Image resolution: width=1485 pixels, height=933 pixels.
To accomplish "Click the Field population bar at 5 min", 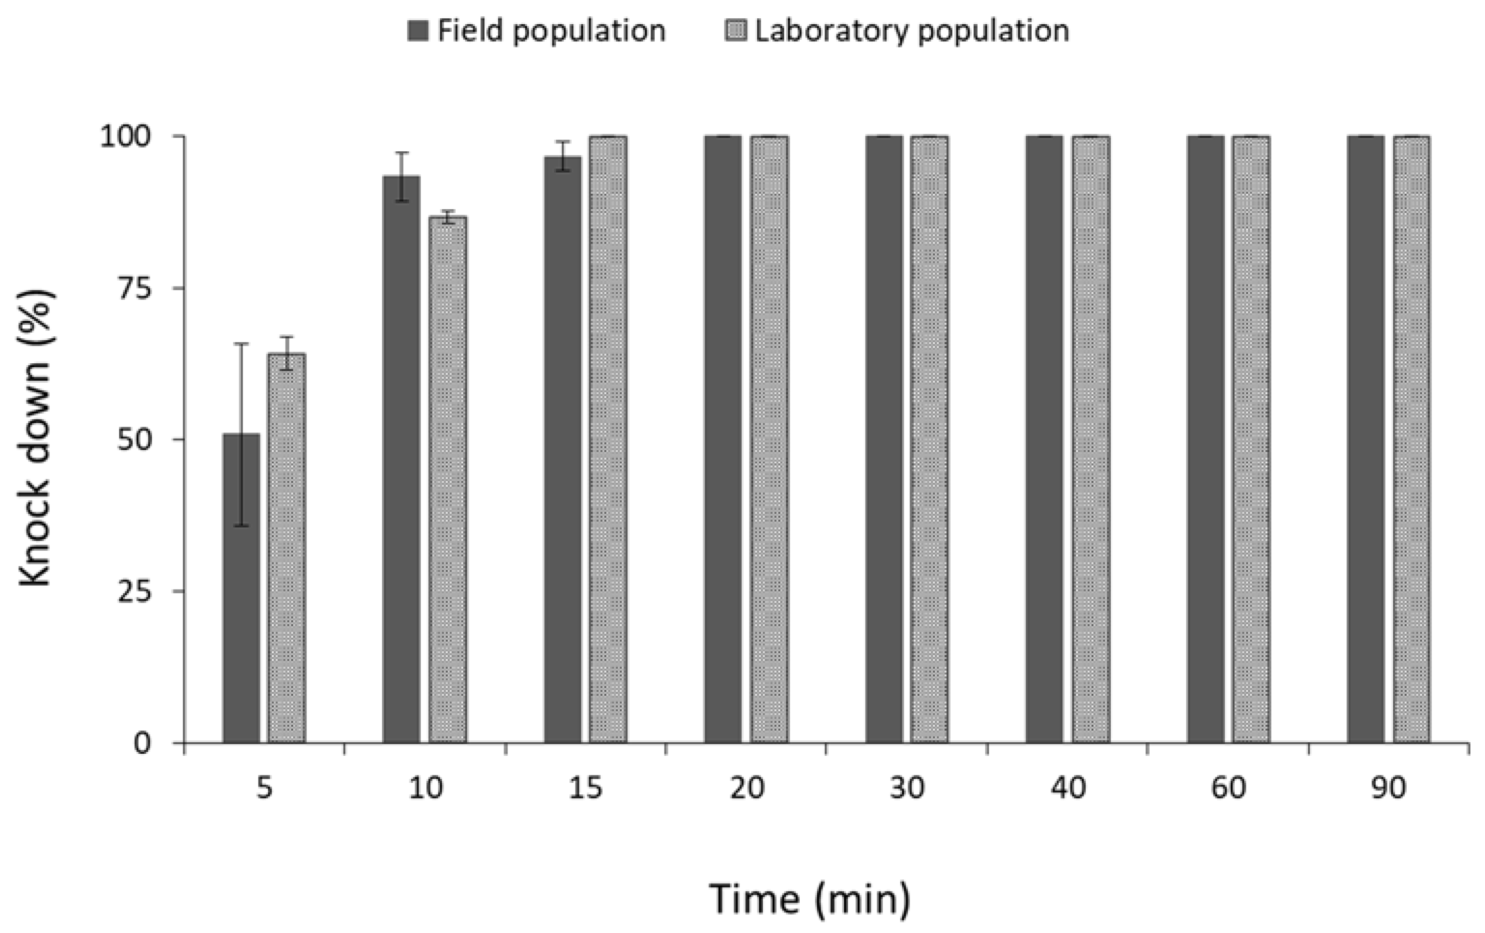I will (241, 589).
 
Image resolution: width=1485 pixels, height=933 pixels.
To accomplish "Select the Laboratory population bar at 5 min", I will (287, 549).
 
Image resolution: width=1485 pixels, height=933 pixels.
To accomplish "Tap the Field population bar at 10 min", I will (402, 459).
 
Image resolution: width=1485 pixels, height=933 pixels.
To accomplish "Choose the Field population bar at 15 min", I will (562, 450).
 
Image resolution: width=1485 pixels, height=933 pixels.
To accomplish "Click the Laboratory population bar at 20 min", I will (769, 439).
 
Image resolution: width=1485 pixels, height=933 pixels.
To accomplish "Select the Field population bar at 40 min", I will (1045, 439).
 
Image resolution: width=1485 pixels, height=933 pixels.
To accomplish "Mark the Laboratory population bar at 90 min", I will (1412, 439).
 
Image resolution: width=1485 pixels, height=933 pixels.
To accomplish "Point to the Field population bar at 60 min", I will (1206, 439).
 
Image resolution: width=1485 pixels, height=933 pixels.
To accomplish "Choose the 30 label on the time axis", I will (907, 788).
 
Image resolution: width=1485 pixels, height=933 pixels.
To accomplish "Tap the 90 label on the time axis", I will (1389, 788).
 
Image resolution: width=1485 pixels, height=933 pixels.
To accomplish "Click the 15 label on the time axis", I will (585, 788).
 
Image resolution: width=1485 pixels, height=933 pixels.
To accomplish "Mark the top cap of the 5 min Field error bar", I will (241, 344).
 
